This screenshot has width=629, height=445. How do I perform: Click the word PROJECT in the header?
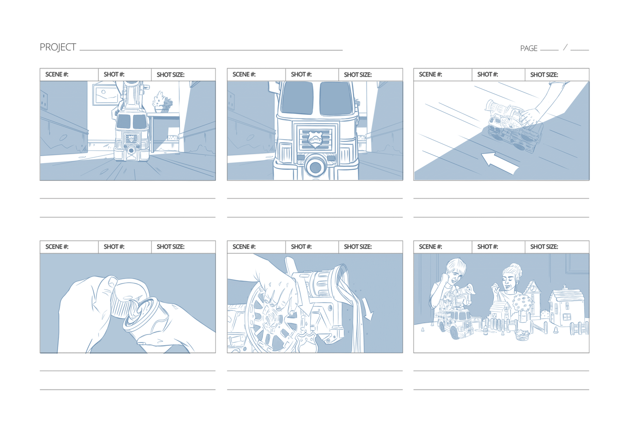58,47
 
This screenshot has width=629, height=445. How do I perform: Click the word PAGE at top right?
528,48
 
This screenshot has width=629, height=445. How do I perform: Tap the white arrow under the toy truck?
499,163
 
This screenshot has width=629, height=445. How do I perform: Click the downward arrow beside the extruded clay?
368,309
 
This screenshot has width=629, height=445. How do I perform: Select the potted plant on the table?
162,102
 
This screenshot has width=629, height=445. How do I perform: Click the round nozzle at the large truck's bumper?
316,167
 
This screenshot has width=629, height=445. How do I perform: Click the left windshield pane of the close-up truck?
297,98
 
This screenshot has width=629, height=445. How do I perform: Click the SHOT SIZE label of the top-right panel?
544,75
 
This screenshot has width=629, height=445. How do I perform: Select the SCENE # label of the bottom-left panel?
57,247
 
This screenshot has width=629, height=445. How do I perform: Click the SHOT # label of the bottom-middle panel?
301,247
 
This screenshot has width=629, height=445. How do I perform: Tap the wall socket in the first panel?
44,100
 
